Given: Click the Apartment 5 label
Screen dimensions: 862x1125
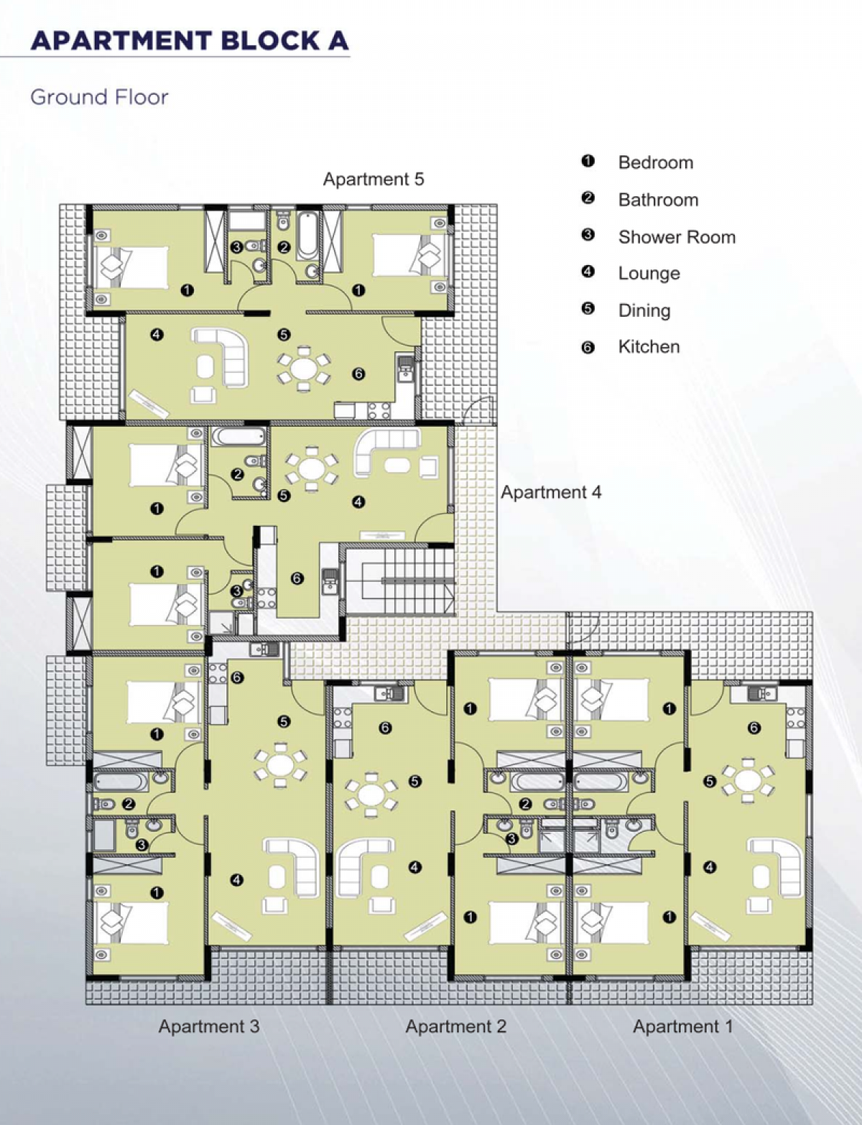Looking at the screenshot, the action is tap(374, 179).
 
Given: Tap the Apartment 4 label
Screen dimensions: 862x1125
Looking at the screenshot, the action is tap(551, 492).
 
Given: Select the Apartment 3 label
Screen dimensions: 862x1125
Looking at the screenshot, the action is tap(208, 1026).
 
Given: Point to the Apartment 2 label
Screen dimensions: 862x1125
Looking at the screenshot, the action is tap(455, 1026).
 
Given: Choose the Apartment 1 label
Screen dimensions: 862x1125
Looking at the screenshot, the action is tap(683, 1026).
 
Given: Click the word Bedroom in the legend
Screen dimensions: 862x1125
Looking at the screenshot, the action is tap(655, 162).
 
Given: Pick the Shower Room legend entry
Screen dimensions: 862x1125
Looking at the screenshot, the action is tap(677, 237).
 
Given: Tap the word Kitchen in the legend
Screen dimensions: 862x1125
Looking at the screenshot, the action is tap(649, 346).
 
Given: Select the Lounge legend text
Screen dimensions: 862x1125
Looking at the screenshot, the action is tap(649, 274).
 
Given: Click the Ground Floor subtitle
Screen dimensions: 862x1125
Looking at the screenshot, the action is tap(99, 97).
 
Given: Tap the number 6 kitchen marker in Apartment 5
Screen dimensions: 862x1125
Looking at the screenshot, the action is tap(358, 374).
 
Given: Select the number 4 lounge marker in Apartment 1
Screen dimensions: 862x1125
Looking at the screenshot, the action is tap(710, 866).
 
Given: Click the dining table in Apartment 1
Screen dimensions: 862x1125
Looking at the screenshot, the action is tap(748, 780).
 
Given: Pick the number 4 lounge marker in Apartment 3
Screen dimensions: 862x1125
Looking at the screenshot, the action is tap(236, 879).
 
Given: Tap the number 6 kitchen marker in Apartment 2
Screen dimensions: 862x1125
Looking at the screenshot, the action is tap(384, 728).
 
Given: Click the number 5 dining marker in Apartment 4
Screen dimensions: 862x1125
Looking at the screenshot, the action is tap(283, 496).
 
